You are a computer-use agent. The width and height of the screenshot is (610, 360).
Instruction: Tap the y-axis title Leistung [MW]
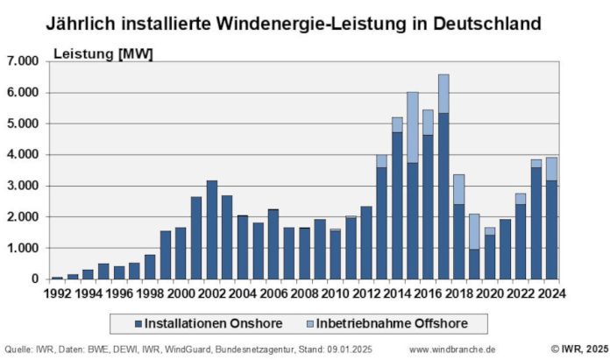(x=103, y=54)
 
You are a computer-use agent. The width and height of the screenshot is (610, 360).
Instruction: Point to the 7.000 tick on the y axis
(x=25, y=61)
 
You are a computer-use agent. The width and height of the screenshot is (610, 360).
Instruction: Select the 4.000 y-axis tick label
(x=25, y=155)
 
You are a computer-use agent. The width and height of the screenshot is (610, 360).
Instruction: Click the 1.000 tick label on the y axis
(x=25, y=249)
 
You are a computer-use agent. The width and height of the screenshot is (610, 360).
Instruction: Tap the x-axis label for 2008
(x=304, y=294)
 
